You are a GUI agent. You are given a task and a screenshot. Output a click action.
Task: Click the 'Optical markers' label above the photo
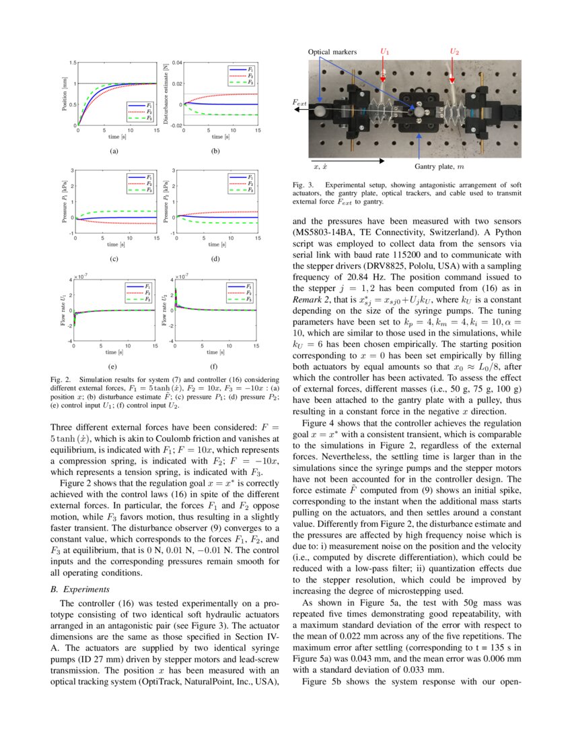pos(332,51)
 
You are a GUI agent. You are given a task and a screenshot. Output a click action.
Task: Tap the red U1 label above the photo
pos(384,51)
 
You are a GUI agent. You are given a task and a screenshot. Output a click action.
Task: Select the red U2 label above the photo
pos(454,51)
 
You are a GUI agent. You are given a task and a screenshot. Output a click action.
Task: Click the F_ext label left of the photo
pos(299,102)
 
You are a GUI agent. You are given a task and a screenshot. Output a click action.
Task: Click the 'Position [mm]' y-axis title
pos(66,94)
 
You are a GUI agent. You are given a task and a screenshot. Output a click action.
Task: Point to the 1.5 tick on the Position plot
pos(73,63)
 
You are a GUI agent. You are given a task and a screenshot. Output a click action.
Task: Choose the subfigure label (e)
pos(112,368)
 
